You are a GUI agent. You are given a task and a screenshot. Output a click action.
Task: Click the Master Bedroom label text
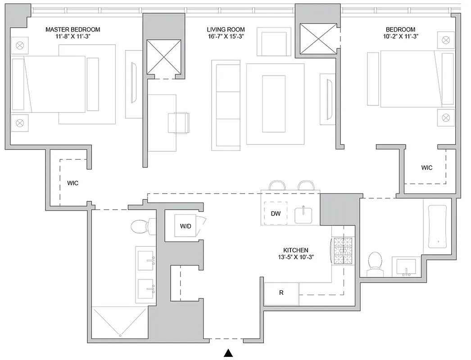72,30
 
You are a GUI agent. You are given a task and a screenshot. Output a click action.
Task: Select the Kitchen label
295,250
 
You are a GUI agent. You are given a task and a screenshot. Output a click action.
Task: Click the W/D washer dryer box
185,226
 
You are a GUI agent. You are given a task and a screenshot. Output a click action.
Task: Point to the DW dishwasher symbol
276,214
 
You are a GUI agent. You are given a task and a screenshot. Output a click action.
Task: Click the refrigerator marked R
281,293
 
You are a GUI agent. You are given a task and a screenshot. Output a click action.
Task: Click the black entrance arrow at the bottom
229,353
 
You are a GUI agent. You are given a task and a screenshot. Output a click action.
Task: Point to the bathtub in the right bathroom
437,226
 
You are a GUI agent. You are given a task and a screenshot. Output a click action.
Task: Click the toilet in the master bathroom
141,226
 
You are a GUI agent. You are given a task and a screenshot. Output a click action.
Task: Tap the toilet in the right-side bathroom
375,264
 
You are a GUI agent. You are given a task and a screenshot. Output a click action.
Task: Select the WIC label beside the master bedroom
73,184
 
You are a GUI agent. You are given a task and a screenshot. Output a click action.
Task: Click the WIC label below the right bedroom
426,168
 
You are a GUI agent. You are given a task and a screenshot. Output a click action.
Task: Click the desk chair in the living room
179,122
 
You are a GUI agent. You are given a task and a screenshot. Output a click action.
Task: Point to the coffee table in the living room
274,103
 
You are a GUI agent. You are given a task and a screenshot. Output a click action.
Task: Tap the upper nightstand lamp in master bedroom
20,45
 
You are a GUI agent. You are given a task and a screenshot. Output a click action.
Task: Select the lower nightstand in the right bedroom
445,117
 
